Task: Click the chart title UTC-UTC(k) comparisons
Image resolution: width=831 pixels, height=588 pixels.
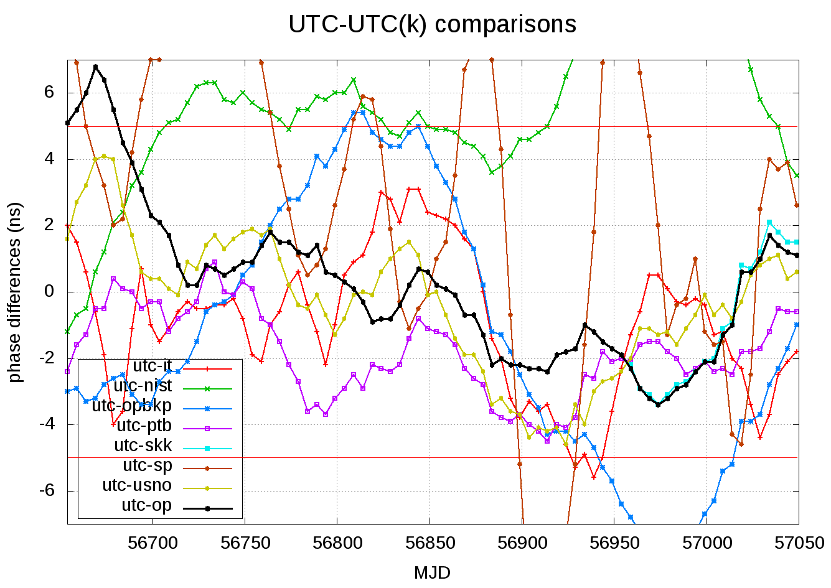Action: [432, 25]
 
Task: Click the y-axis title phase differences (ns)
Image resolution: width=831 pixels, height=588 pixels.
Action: [14, 292]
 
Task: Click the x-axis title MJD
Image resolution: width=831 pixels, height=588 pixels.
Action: [432, 572]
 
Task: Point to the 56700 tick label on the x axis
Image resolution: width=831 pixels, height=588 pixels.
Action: [153, 543]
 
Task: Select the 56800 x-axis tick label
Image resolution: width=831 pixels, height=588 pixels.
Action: [337, 543]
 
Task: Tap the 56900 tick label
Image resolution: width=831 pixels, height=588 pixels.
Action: [522, 543]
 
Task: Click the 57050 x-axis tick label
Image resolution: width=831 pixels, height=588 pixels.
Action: [799, 543]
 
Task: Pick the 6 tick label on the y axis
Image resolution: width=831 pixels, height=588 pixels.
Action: [49, 93]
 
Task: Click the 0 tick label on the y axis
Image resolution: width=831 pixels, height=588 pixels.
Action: [49, 292]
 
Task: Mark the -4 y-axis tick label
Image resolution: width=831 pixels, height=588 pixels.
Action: [45, 424]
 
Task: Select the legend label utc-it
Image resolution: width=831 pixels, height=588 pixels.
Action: [153, 366]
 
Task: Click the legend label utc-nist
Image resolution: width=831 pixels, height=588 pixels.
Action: [143, 386]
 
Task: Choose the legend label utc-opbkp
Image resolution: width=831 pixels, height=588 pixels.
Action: [132, 406]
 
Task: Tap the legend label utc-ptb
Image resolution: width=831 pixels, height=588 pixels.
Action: [144, 426]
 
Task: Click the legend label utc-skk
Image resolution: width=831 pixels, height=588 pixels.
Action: [143, 446]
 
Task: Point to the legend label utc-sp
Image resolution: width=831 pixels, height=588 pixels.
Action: [148, 465]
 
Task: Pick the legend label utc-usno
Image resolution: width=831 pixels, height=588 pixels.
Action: [137, 485]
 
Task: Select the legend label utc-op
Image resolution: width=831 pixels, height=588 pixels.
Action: [147, 505]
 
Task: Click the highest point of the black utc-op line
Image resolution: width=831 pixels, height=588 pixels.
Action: [95, 67]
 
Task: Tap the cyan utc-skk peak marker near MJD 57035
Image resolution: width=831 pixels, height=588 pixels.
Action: [769, 222]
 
